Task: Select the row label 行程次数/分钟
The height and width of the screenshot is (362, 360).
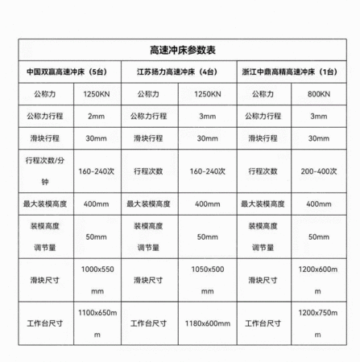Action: [x=43, y=171]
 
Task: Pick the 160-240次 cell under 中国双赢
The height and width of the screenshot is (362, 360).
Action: [x=97, y=171]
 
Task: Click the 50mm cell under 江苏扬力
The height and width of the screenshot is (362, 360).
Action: [x=208, y=237]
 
